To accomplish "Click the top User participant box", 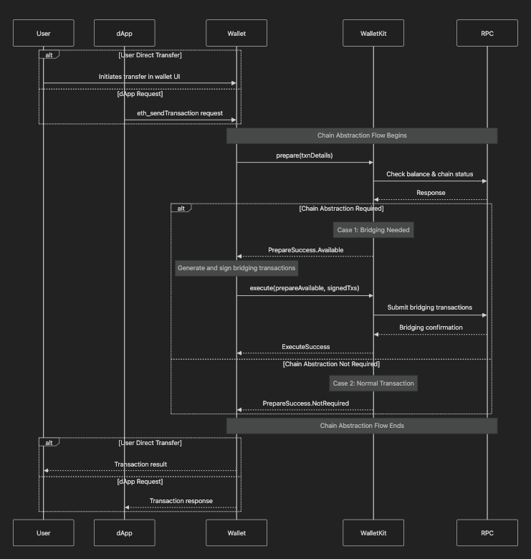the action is tap(44, 33).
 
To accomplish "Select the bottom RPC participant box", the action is tap(487, 532).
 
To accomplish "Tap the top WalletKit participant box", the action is tap(373, 33).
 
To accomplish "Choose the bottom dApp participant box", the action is tap(125, 532).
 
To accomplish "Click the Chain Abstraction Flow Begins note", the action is tap(362, 136).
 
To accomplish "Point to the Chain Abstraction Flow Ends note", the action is tap(362, 426).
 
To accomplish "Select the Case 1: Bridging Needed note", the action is tap(373, 230).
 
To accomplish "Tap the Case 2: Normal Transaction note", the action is tap(373, 383).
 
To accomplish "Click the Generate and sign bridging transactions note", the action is tap(236, 268).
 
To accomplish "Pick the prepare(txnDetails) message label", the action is tap(305, 156).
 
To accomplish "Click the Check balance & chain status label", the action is tap(430, 174).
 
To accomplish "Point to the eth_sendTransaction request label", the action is tap(180, 113).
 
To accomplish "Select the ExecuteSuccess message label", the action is tap(306, 347).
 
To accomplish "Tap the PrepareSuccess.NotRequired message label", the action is tap(306, 403).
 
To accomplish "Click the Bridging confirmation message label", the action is tap(431, 328).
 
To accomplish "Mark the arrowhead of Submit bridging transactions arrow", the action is tap(484, 315).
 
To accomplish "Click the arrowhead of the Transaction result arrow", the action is tap(46, 471).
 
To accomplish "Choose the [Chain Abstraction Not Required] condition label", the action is tap(331, 364).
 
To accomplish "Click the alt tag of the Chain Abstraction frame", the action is tap(181, 209).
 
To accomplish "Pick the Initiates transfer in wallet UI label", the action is tap(139, 77).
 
